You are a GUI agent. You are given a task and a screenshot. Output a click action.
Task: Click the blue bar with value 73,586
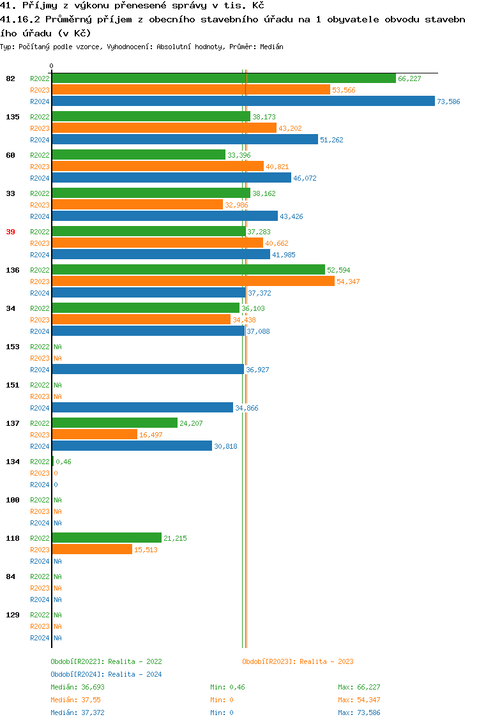pyautogui.click(x=243, y=102)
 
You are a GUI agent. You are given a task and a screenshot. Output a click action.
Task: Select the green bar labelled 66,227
pyautogui.click(x=224, y=79)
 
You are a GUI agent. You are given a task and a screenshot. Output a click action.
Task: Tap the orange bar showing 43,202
pyautogui.click(x=164, y=128)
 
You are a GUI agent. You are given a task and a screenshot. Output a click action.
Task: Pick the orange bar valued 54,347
pyautogui.click(x=193, y=282)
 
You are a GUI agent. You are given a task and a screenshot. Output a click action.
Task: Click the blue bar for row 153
pyautogui.click(x=148, y=370)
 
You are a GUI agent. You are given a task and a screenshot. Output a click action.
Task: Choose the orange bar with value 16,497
pyautogui.click(x=95, y=435)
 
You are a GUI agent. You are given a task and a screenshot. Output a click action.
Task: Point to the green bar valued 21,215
pyautogui.click(x=107, y=538)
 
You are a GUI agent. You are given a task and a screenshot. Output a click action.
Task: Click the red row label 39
pyautogui.click(x=10, y=232)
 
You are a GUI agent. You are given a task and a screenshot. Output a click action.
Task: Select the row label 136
pyautogui.click(x=12, y=270)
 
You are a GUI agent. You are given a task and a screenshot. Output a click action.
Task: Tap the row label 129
pyautogui.click(x=12, y=615)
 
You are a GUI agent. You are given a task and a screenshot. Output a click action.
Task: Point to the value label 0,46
pyautogui.click(x=63, y=462)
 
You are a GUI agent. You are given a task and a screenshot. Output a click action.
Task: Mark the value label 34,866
pyautogui.click(x=247, y=408)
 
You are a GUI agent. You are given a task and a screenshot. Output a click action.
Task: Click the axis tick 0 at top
pyautogui.click(x=51, y=66)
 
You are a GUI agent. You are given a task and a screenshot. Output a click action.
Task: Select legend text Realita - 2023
pyautogui.click(x=326, y=661)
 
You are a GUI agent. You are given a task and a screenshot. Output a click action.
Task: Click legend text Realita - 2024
pyautogui.click(x=135, y=674)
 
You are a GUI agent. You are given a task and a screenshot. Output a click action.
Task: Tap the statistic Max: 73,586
pyautogui.click(x=359, y=713)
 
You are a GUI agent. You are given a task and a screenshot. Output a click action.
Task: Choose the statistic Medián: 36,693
pyautogui.click(x=77, y=687)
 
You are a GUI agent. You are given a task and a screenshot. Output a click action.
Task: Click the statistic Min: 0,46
pyautogui.click(x=227, y=687)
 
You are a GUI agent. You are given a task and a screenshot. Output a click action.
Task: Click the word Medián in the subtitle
pyautogui.click(x=273, y=47)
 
